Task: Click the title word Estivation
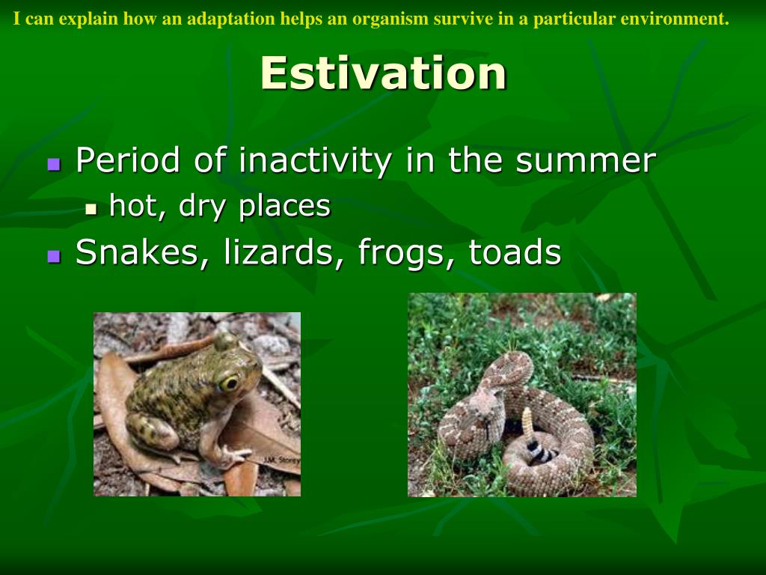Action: [x=383, y=73]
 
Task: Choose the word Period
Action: [x=128, y=160]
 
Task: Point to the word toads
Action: [x=515, y=252]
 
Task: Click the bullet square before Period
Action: [x=54, y=164]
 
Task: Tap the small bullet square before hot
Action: [x=91, y=210]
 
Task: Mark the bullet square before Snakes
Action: [x=54, y=256]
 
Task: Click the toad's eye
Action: [x=228, y=383]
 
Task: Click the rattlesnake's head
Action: [x=485, y=409]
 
